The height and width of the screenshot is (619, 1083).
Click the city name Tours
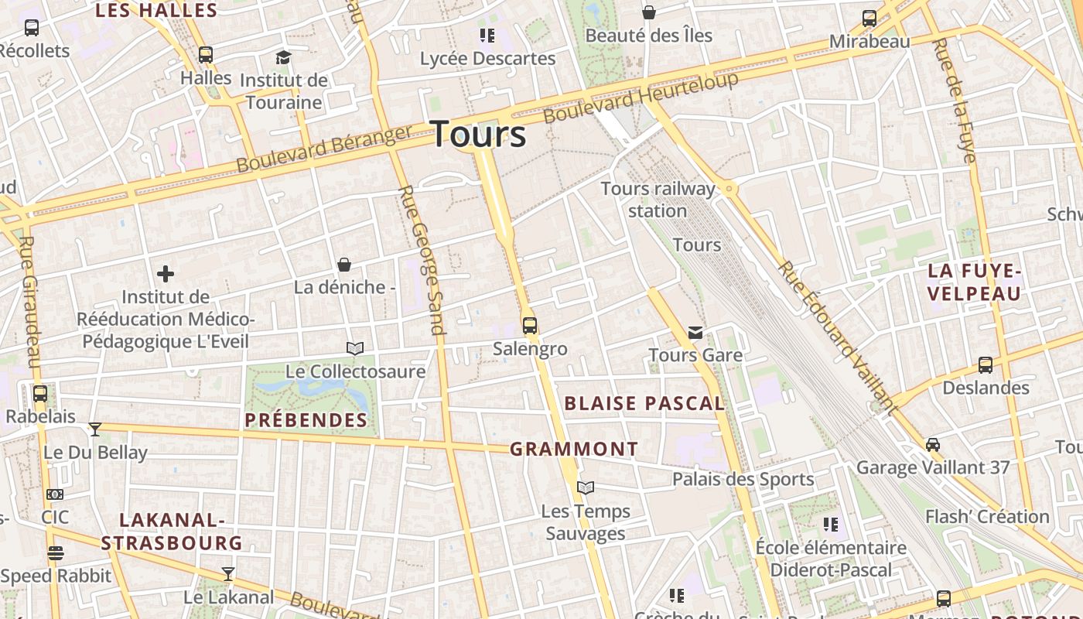(478, 134)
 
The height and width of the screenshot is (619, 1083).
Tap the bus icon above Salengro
(529, 326)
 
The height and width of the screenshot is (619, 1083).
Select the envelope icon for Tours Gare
(695, 333)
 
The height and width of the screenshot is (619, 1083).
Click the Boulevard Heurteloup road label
(641, 97)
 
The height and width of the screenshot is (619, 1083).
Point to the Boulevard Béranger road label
(324, 149)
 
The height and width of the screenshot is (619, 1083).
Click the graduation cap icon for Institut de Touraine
(283, 57)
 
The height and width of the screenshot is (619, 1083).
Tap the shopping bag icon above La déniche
(344, 265)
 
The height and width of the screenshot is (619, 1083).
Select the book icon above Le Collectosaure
(355, 349)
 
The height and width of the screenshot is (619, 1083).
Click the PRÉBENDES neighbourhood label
(306, 420)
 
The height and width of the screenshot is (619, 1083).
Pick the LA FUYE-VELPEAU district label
(975, 282)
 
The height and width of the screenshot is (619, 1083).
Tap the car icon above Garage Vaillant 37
(933, 445)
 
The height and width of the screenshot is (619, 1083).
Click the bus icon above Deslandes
(986, 365)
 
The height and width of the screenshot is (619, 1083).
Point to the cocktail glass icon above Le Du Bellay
(95, 429)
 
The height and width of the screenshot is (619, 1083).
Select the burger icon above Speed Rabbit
(55, 553)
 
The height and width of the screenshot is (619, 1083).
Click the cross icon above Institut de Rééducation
(165, 274)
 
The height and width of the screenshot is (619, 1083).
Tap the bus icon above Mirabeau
(869, 19)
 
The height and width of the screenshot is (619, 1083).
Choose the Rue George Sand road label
(422, 259)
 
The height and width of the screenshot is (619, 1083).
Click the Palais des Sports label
(743, 479)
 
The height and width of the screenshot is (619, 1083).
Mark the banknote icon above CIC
(55, 494)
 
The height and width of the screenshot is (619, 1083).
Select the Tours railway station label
(658, 200)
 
